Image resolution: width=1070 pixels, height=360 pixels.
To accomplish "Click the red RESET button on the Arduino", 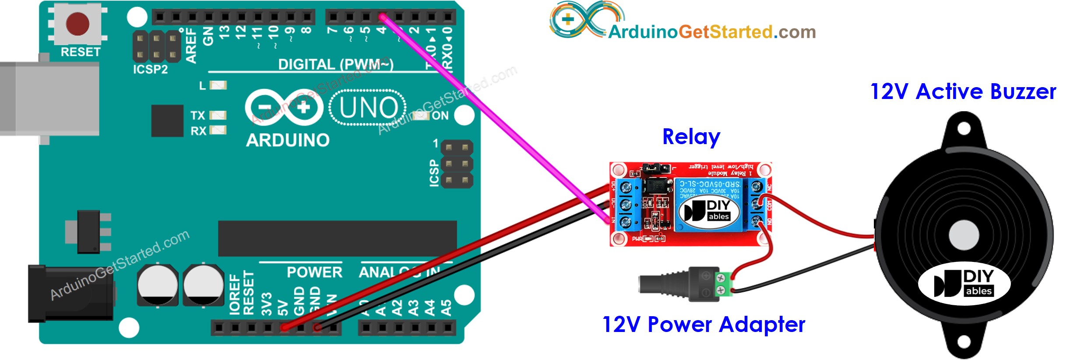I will (x=77, y=24).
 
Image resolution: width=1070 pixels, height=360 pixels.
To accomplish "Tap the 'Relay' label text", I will (x=691, y=137).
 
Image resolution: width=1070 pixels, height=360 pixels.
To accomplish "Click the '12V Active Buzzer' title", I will (x=963, y=92).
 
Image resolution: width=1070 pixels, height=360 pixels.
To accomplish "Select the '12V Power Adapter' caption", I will (x=704, y=325).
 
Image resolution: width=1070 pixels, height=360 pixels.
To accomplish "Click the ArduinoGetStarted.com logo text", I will (x=712, y=32).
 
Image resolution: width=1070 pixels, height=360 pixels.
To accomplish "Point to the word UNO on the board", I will (x=368, y=108).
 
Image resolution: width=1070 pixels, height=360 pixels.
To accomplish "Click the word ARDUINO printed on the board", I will (x=288, y=141).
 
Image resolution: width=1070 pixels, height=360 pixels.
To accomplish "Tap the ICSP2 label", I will (x=150, y=69).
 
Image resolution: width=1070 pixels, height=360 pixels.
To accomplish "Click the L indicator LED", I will (x=218, y=85).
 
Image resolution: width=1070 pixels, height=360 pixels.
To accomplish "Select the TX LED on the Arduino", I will (x=218, y=115).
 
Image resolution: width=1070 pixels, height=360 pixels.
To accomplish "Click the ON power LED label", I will (x=440, y=116).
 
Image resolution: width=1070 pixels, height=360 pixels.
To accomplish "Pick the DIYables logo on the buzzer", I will (x=964, y=284).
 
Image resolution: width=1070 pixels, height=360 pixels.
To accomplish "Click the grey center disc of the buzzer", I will (x=963, y=235).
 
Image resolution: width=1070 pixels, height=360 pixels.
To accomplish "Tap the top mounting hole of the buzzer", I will (x=964, y=128).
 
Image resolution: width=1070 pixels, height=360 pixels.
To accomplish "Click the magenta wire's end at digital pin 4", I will (x=382, y=17).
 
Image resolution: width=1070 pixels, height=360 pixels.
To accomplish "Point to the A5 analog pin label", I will (x=446, y=307).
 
